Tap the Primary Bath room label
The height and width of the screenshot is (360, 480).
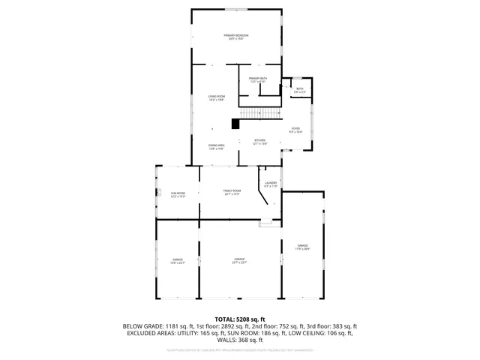click(x=258, y=80)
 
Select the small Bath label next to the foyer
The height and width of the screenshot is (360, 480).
click(x=299, y=90)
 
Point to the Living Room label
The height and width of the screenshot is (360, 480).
click(x=216, y=97)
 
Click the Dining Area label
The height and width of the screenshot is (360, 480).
click(x=216, y=147)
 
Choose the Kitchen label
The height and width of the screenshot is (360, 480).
click(x=259, y=142)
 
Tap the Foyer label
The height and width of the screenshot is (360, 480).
click(x=295, y=130)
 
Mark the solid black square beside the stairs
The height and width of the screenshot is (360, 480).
click(x=235, y=124)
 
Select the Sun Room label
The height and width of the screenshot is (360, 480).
click(x=177, y=195)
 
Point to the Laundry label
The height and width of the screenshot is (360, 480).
click(x=271, y=184)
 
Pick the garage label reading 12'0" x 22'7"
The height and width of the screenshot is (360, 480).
click(x=177, y=261)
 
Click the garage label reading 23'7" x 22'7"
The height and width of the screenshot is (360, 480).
click(x=239, y=261)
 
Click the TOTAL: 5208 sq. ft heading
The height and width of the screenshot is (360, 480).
click(x=240, y=319)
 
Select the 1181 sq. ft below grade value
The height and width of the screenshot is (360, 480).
click(x=175, y=326)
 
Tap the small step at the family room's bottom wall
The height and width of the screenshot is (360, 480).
click(x=265, y=222)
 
